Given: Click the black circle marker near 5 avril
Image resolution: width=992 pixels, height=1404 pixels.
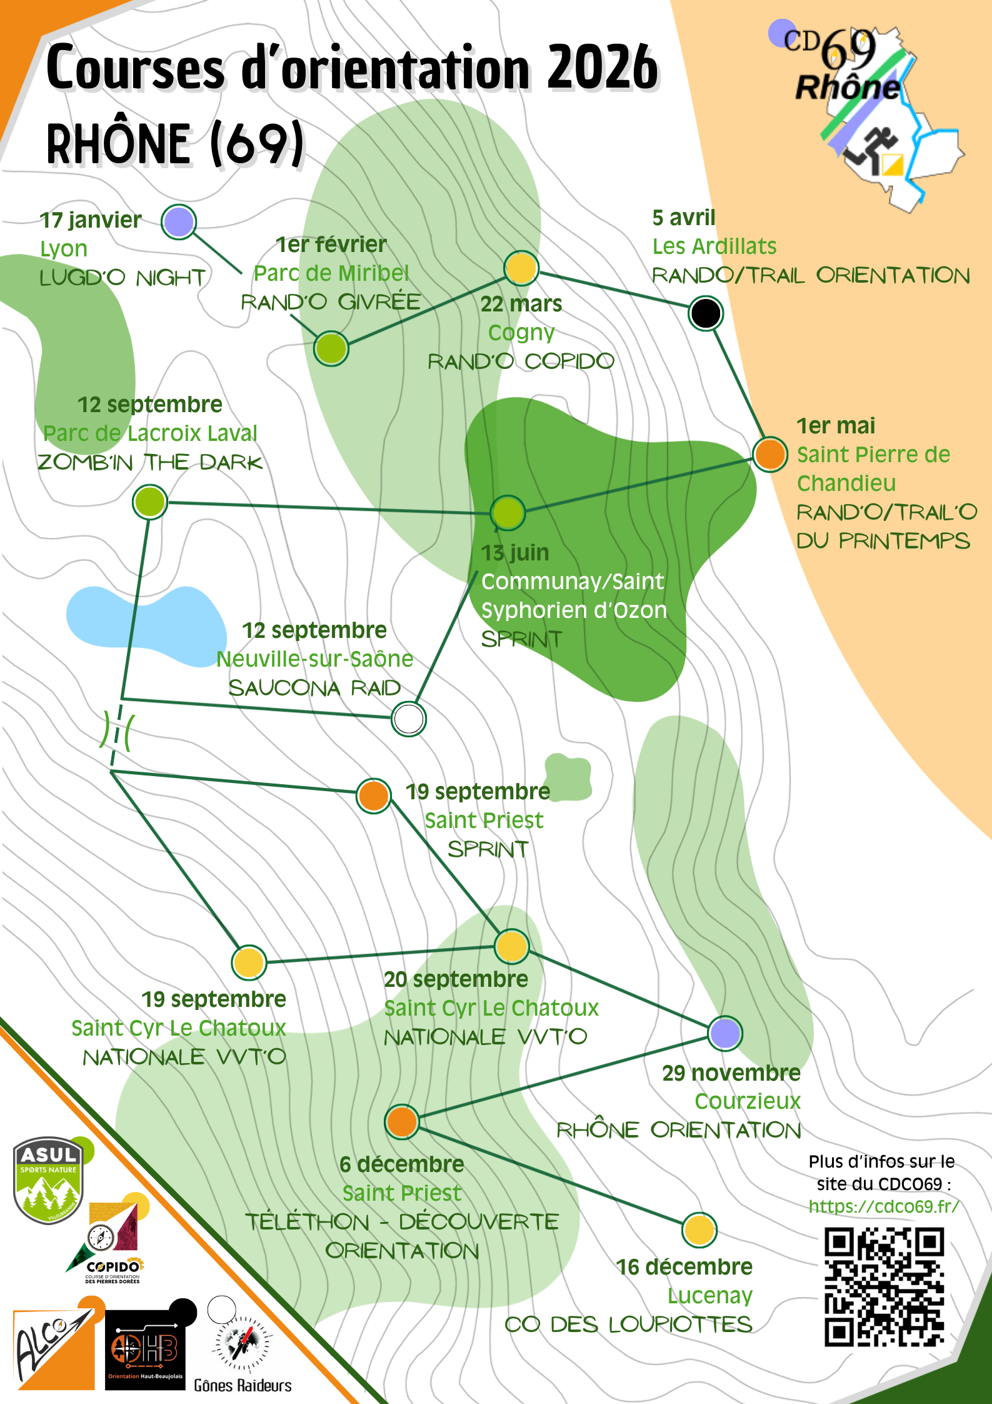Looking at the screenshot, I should click(x=705, y=313).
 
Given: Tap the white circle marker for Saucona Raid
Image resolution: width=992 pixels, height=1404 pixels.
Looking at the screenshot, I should click(x=409, y=719).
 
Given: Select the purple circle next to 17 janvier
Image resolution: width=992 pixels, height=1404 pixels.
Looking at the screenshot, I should click(x=179, y=221).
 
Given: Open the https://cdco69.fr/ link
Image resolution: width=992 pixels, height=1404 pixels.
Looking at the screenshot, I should click(x=883, y=1206).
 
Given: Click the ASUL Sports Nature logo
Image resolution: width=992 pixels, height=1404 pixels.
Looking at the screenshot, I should click(x=49, y=1179).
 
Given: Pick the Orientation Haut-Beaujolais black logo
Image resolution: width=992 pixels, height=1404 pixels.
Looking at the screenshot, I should click(x=146, y=1349).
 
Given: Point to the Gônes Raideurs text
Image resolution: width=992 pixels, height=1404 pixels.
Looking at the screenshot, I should click(x=243, y=1386).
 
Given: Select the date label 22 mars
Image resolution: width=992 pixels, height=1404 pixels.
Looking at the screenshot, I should click(x=521, y=304).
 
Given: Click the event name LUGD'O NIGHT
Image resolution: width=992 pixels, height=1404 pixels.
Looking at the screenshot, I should click(x=123, y=278).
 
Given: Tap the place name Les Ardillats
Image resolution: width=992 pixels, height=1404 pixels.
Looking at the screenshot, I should click(x=714, y=246).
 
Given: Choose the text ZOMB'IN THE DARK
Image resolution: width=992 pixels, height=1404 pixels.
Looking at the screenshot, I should click(x=150, y=463).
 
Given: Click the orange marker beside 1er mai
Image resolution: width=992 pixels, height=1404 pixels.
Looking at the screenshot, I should click(x=769, y=454).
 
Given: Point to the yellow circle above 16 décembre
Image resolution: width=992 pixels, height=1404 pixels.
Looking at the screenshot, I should click(x=699, y=1230).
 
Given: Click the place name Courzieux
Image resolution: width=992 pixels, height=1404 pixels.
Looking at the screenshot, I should click(x=748, y=1101).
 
